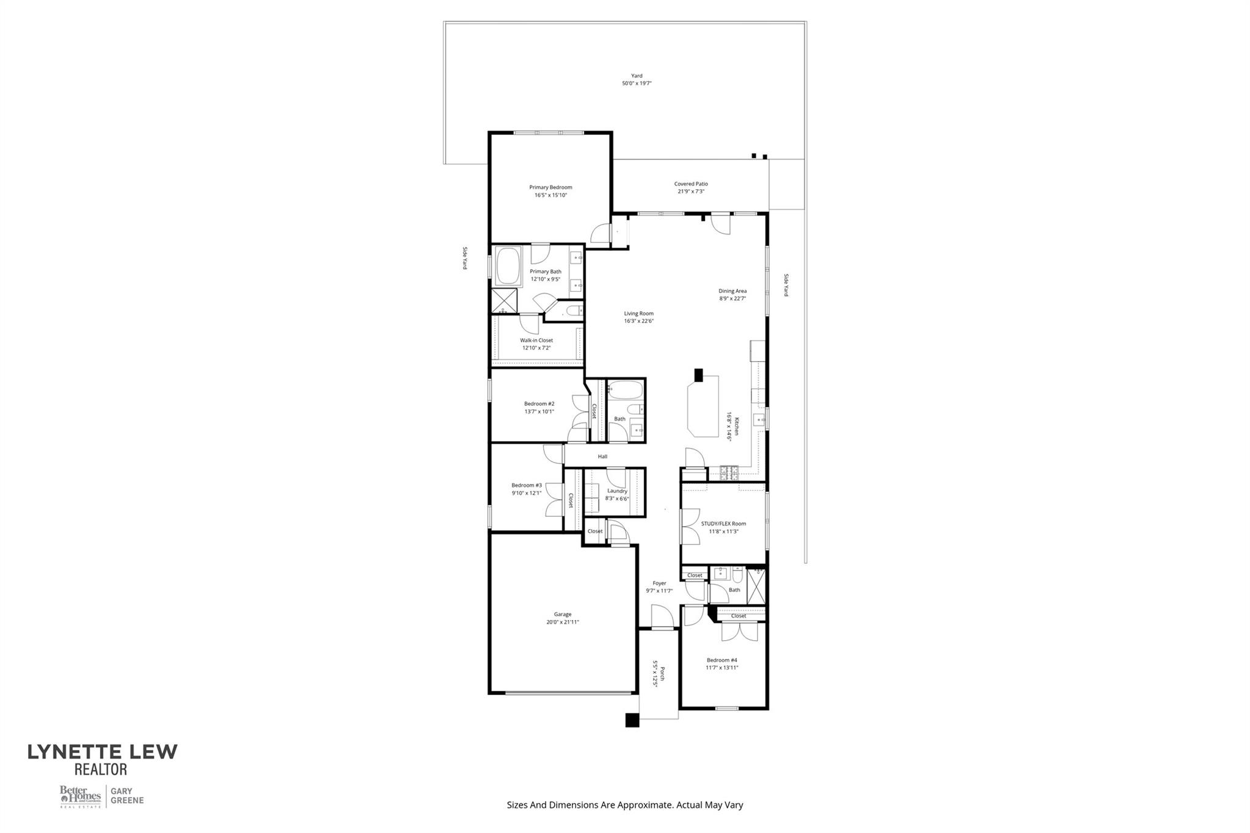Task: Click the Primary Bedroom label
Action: tap(551, 187)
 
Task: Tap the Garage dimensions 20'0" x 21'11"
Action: tap(562, 622)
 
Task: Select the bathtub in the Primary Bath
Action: tap(508, 267)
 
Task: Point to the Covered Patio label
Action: tap(691, 184)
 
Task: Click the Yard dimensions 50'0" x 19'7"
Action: tap(637, 84)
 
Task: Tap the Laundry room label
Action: tap(617, 491)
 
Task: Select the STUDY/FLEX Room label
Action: tap(723, 524)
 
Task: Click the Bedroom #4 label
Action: tap(722, 660)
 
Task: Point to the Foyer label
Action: tap(659, 583)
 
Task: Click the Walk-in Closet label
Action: tap(536, 341)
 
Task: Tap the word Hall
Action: tap(602, 456)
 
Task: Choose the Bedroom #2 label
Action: tap(539, 403)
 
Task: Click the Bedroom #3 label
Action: tap(526, 485)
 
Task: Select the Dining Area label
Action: tap(732, 291)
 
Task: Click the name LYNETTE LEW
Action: tap(103, 752)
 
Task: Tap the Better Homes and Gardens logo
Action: tap(80, 796)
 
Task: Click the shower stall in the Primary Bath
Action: tap(504, 301)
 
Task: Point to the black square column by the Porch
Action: tap(632, 720)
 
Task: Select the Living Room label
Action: tap(638, 314)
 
